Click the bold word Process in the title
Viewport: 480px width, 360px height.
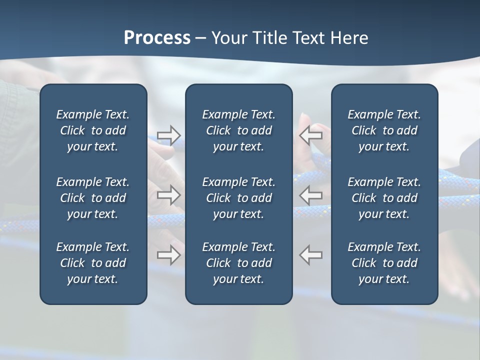click(157, 38)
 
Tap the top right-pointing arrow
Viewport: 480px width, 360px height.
click(169, 135)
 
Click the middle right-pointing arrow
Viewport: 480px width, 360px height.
click(169, 195)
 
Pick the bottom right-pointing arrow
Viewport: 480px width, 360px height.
click(169, 254)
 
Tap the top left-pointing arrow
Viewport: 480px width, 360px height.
click(310, 135)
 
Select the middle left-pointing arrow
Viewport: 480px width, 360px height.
click(310, 195)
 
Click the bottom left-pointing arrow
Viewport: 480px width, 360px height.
click(310, 254)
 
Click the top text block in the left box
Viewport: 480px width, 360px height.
click(93, 130)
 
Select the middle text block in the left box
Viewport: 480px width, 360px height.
click(93, 198)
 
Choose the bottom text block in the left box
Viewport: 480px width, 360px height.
click(93, 263)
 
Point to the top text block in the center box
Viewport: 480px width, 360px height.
click(239, 130)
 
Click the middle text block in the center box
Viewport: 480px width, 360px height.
click(239, 198)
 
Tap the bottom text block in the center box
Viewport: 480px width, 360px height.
click(239, 263)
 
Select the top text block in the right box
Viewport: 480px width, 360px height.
click(384, 130)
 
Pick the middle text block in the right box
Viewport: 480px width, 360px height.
click(384, 198)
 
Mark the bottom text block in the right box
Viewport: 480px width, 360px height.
click(384, 263)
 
